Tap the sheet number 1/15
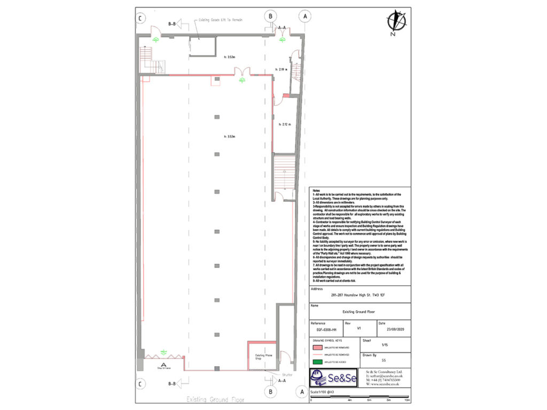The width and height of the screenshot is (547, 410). coord(384,345)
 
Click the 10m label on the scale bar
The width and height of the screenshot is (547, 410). coord(407,400)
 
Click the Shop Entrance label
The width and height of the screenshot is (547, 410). coord(163,367)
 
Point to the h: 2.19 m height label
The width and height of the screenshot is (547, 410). coord(281,69)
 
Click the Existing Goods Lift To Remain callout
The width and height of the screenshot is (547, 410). coord(221,20)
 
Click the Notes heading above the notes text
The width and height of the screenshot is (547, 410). coord(316,191)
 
